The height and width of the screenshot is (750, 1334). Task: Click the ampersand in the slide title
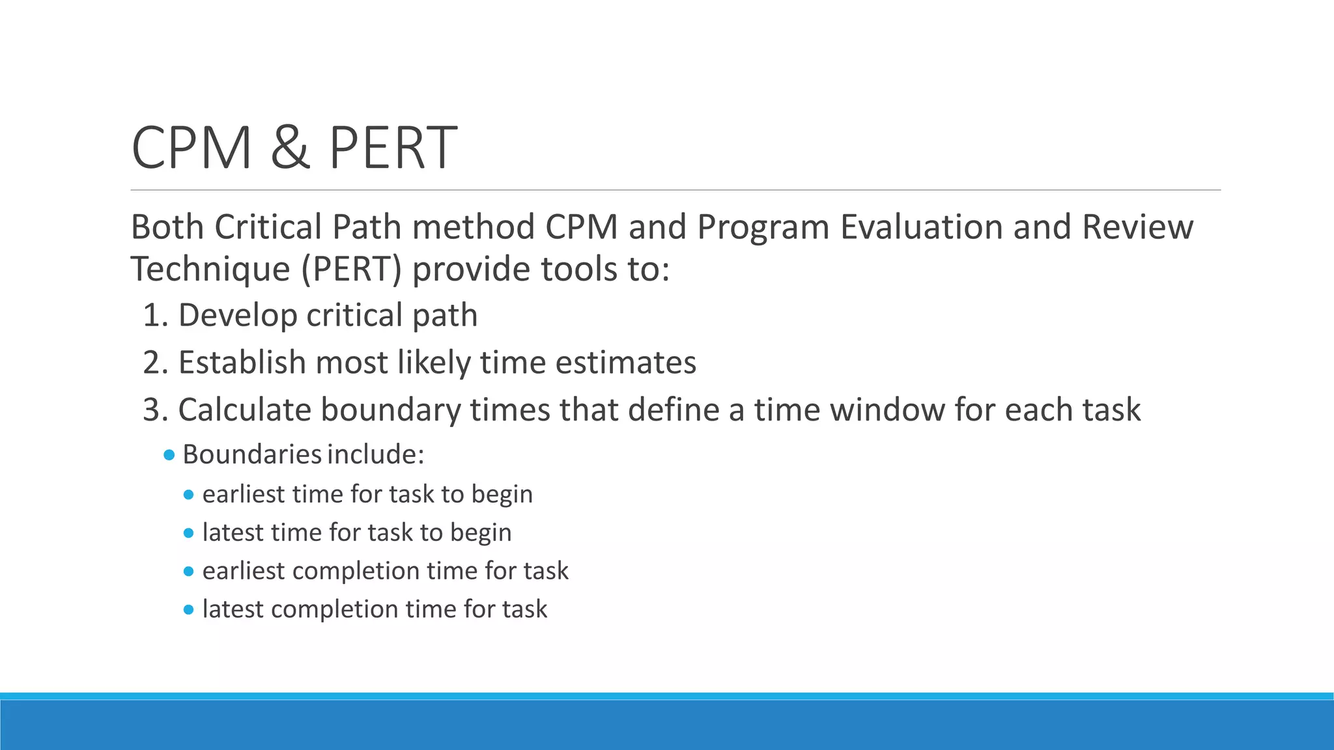pos(290,148)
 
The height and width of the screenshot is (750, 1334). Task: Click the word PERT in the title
pos(392,148)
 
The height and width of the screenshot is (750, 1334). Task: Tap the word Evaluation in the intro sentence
pos(921,227)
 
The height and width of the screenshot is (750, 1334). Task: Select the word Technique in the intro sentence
pos(210,270)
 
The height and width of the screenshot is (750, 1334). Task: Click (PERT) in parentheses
pos(351,270)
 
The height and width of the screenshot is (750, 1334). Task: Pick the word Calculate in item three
pos(244,410)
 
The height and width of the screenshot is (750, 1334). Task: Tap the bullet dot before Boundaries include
pos(169,455)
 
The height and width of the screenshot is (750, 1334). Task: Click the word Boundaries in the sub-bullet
pos(251,455)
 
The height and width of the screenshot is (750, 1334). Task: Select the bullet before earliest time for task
pos(189,495)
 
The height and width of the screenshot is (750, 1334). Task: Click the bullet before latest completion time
pos(189,610)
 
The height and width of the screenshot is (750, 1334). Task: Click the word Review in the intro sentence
pos(1137,227)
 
